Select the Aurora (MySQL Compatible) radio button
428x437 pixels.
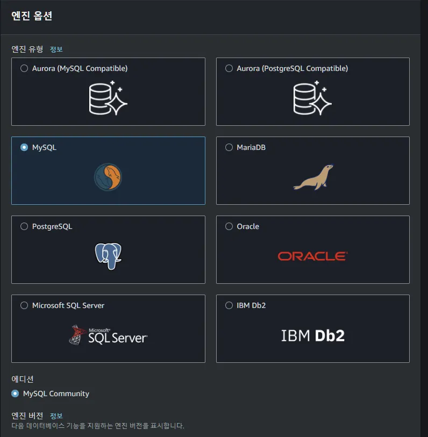tap(24, 68)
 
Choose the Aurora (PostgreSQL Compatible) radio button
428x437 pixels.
tap(229, 68)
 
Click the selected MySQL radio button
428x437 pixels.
tap(24, 147)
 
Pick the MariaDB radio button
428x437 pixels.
tap(229, 147)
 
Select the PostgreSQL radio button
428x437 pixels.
tap(24, 226)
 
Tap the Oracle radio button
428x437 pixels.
tap(229, 226)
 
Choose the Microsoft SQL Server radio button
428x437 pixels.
tap(24, 305)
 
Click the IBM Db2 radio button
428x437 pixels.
tap(229, 305)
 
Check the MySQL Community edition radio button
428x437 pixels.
tap(15, 393)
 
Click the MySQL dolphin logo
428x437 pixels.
tap(108, 177)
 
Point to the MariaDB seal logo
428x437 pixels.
tap(313, 177)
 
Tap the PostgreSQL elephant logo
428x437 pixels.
tap(108, 256)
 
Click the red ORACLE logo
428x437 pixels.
tap(312, 256)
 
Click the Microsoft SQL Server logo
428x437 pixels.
tap(108, 335)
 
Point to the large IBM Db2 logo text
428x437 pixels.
tap(312, 336)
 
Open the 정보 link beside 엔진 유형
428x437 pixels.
tap(56, 49)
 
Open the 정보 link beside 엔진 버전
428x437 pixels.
tap(56, 416)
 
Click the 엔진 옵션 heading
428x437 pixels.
tap(32, 16)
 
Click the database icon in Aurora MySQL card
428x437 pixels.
tap(108, 98)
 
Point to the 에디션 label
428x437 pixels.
tap(23, 379)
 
